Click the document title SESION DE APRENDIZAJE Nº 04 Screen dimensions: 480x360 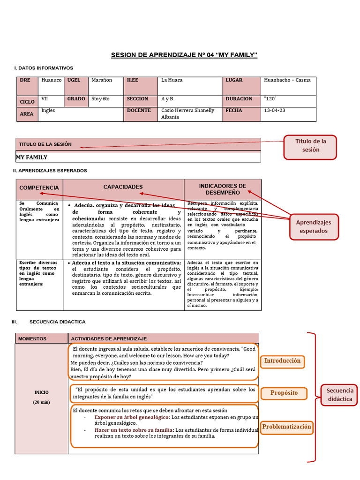[184, 55]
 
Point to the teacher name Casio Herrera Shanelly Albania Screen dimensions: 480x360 [187, 113]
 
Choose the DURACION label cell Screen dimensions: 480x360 [241, 99]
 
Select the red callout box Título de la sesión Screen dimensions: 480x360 [310, 146]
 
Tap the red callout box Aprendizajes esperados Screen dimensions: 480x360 [313, 226]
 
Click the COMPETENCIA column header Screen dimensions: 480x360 [39, 187]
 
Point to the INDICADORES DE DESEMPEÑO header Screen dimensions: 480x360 [222, 189]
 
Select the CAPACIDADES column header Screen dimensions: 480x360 [123, 187]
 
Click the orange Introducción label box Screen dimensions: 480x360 [282, 361]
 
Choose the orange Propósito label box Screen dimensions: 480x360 [284, 393]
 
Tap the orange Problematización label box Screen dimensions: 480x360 [286, 427]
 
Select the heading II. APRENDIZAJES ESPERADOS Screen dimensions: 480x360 [50, 171]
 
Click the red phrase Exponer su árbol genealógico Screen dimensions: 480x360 [132, 417]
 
